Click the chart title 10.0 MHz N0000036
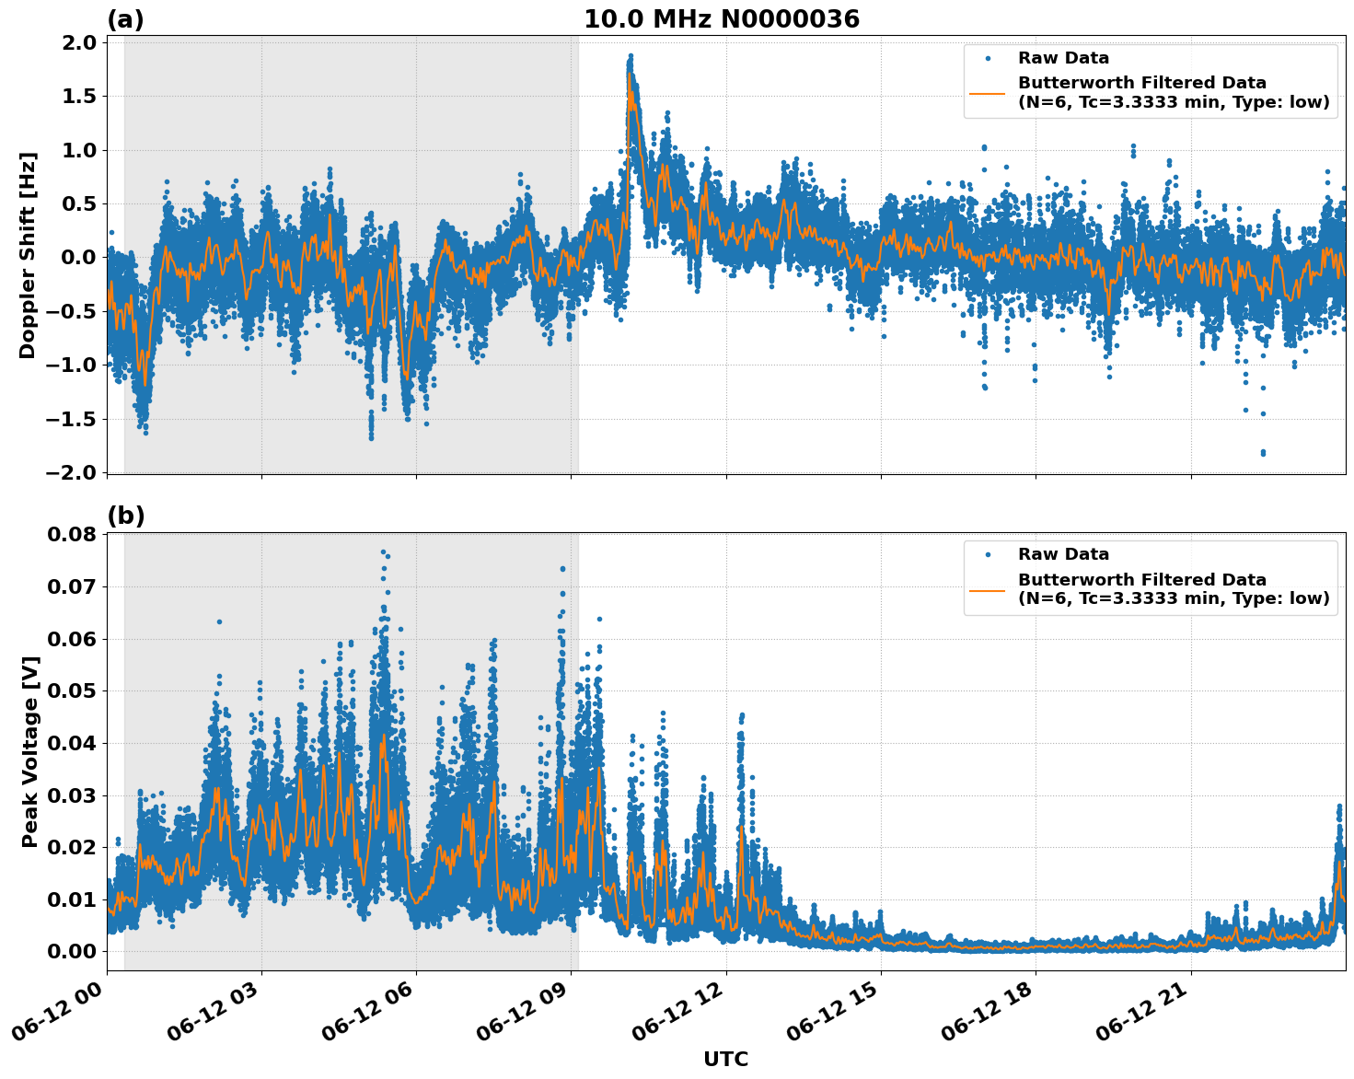tap(721, 19)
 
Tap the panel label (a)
tap(126, 19)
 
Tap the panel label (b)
tap(126, 516)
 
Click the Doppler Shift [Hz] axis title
tap(28, 255)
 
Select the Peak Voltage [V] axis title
tap(30, 751)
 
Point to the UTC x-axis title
tap(725, 1059)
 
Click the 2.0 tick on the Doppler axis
tap(77, 43)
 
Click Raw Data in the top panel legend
tap(1063, 58)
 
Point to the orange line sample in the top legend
tap(987, 93)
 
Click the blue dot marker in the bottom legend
tap(987, 554)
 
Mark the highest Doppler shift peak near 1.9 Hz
tap(631, 56)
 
